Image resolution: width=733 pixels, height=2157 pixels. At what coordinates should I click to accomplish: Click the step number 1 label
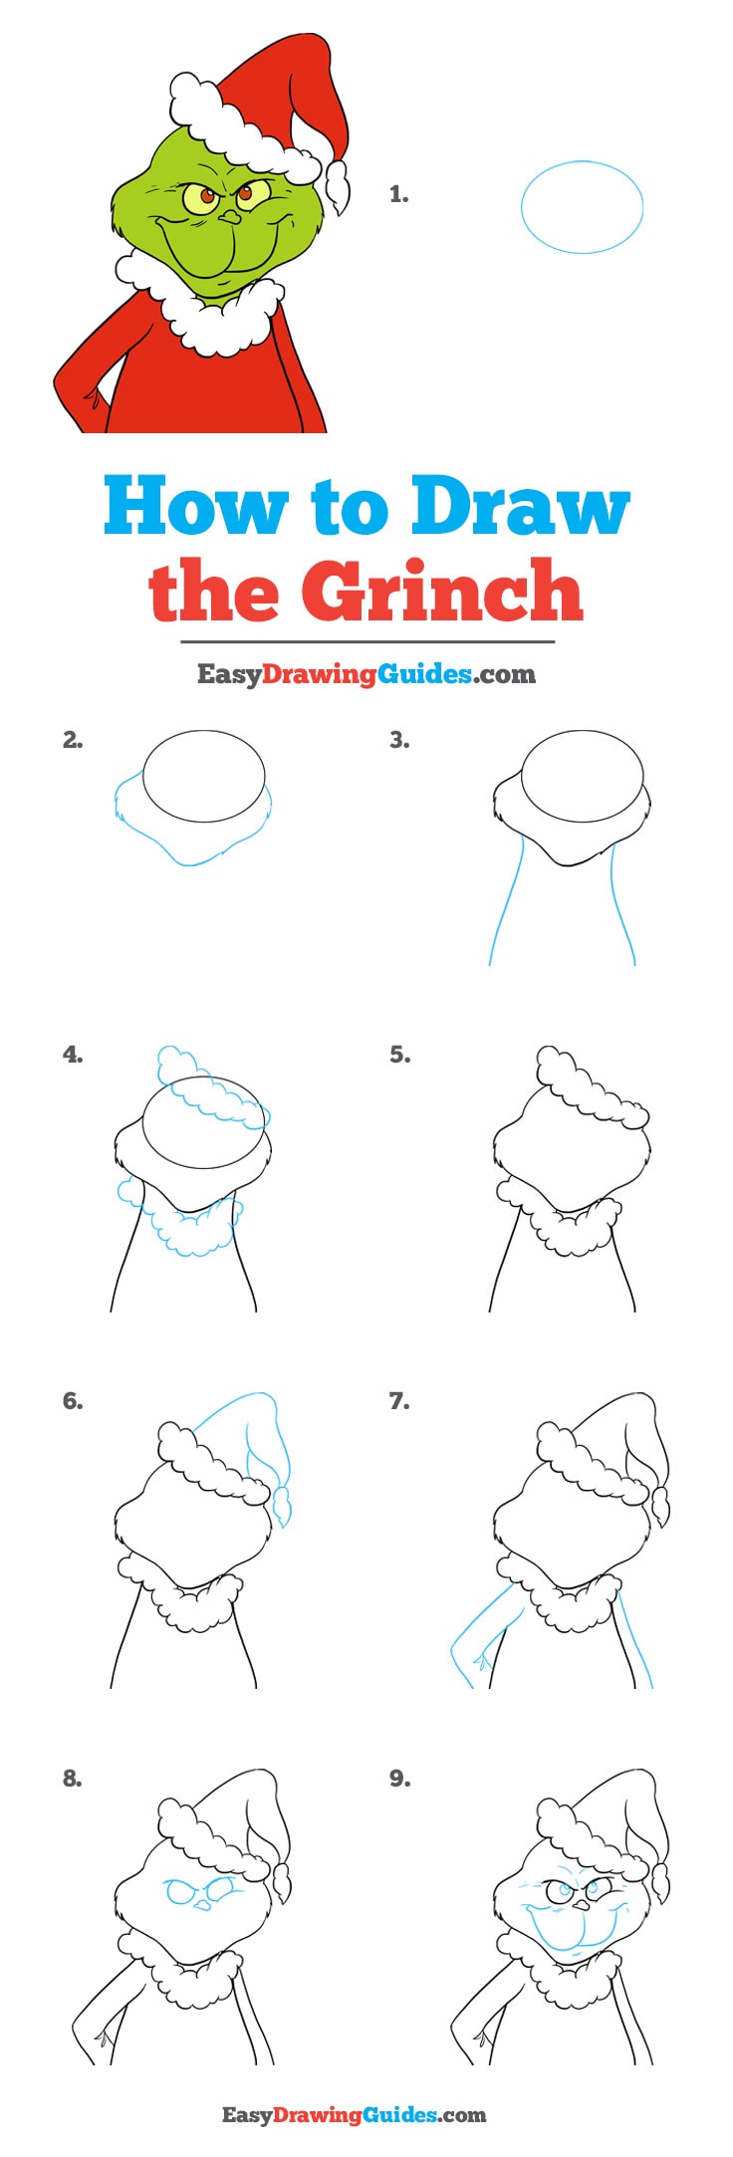pyautogui.click(x=398, y=195)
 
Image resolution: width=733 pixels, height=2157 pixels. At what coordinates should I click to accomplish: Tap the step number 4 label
pyautogui.click(x=73, y=1055)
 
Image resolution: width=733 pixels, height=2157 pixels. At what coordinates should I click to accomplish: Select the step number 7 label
pyautogui.click(x=398, y=1401)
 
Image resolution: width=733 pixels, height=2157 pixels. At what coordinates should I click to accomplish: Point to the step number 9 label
pyautogui.click(x=399, y=1778)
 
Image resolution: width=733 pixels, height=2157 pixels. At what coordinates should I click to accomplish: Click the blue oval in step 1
pyautogui.click(x=582, y=207)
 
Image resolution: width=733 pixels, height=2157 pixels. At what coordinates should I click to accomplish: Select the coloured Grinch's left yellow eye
pyautogui.click(x=203, y=197)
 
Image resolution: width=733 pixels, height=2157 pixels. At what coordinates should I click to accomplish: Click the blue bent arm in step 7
pyautogui.click(x=470, y=1648)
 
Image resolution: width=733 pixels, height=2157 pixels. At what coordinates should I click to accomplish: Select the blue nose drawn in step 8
pyautogui.click(x=202, y=1904)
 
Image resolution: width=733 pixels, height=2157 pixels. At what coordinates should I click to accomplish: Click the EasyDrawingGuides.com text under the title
pyautogui.click(x=366, y=674)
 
